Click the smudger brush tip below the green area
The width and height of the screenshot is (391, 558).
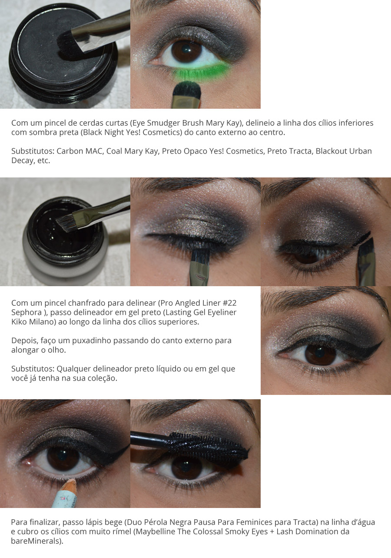pyautogui.click(x=186, y=89)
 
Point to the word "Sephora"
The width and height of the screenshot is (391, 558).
pyautogui.click(x=27, y=312)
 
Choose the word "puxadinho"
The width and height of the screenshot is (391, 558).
pyautogui.click(x=92, y=341)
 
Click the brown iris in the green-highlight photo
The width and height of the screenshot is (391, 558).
pyautogui.click(x=187, y=52)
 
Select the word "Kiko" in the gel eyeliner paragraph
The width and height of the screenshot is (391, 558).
pyautogui.click(x=19, y=322)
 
